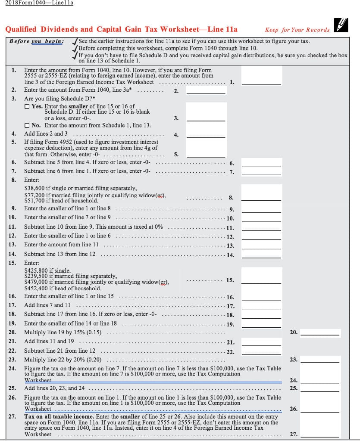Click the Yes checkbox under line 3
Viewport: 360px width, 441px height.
coord(27,106)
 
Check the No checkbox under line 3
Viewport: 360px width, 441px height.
coord(27,126)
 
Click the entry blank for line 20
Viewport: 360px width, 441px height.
coord(320,332)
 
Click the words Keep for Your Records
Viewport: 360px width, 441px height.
coord(297,30)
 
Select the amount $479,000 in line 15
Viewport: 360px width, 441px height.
coord(35,282)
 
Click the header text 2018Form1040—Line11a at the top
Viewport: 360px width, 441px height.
coord(39,3)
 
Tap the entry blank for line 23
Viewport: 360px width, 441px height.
coord(320,360)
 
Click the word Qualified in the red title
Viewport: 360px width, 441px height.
coord(21,29)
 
